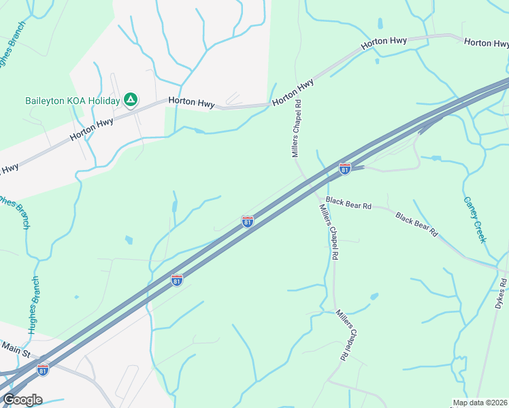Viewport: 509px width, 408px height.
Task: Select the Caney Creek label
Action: pos(475,220)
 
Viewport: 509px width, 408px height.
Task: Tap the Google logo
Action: pos(22,400)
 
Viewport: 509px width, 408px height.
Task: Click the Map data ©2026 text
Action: pos(479,403)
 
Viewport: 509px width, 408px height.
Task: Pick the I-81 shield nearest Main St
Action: pos(43,370)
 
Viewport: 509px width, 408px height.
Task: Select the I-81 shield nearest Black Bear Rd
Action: pos(345,168)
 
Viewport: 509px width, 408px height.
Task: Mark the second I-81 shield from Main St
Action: pos(177,280)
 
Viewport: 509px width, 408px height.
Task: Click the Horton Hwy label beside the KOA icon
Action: pos(192,103)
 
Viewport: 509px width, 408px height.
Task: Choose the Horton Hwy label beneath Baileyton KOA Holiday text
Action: pos(91,132)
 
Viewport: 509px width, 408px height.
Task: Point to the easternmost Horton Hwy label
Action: pos(487,43)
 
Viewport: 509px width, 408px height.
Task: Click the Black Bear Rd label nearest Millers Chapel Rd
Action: pos(348,203)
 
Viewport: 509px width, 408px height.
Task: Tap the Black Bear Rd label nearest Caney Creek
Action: pos(416,224)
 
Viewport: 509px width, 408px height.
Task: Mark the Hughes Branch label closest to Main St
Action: pos(33,305)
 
